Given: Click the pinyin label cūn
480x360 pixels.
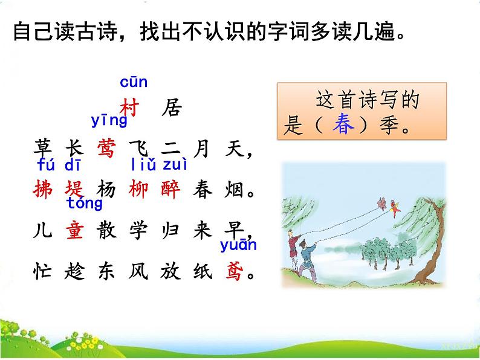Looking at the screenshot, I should click(x=134, y=82).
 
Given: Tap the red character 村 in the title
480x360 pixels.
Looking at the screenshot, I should click(x=130, y=109).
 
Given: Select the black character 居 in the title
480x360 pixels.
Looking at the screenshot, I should click(x=172, y=109).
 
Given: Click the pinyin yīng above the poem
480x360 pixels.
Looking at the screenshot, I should click(x=109, y=120).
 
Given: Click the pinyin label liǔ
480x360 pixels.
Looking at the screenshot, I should click(x=143, y=164).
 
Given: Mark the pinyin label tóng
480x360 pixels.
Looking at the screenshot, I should click(x=85, y=203).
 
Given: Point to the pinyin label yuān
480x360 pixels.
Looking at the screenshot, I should click(x=238, y=245).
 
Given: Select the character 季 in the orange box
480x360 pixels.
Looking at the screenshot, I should click(x=388, y=126).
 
